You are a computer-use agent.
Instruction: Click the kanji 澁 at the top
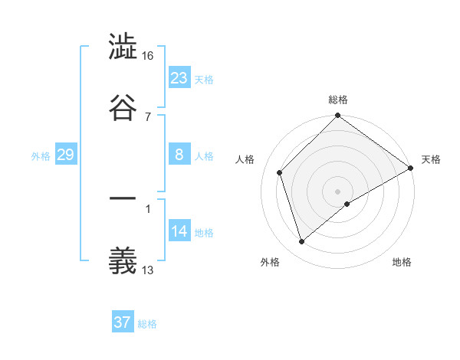[x=123, y=48]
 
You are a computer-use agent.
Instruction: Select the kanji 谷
[x=123, y=106]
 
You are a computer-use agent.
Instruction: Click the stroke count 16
[x=147, y=56]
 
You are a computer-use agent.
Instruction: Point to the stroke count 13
[x=147, y=269]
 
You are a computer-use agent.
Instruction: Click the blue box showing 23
[x=179, y=77]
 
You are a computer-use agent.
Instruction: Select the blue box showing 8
[x=179, y=155]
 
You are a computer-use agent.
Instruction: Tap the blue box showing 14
[x=179, y=231]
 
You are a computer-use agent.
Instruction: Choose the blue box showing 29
[x=65, y=155]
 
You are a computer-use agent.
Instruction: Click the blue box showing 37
[x=123, y=322]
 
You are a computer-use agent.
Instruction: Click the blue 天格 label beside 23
[x=204, y=79]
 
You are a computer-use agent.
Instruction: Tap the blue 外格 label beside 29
[x=41, y=155]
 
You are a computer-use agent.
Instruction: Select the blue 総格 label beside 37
[x=147, y=324]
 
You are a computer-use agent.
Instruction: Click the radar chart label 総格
[x=338, y=100]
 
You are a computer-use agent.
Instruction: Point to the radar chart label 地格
[x=402, y=262]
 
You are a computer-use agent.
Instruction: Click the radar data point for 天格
[x=411, y=169]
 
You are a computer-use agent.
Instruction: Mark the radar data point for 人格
[x=280, y=172]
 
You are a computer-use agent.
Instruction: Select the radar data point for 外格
[x=302, y=242]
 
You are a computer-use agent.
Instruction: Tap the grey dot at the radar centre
[x=338, y=191]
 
